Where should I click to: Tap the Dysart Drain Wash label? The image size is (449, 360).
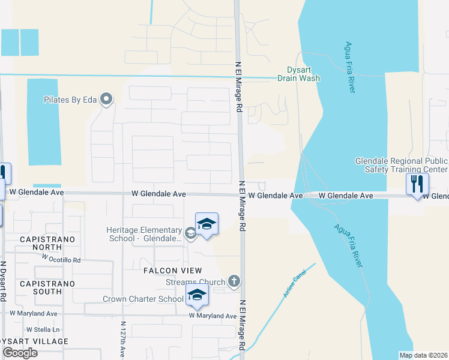click(298, 74)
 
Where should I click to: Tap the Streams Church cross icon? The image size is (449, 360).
click(234, 281)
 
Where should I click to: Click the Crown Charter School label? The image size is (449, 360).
click(143, 299)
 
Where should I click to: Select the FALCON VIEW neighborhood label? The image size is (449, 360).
click(172, 271)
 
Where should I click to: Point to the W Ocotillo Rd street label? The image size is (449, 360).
click(61, 259)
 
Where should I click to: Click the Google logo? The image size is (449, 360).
click(20, 353)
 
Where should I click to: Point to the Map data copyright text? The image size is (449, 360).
click(423, 355)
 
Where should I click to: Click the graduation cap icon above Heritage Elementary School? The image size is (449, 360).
click(206, 224)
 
